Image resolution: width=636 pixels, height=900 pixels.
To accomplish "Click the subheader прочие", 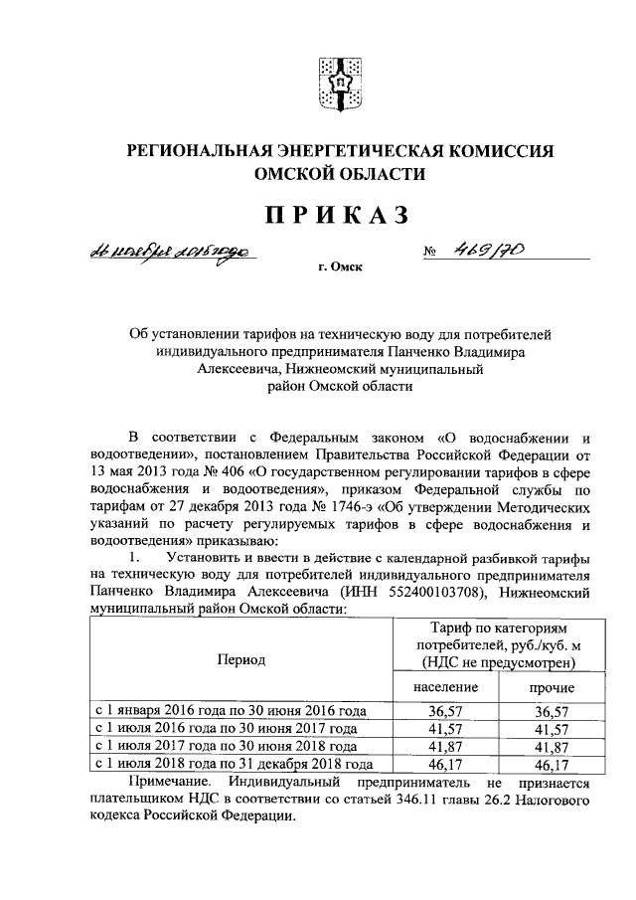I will coord(548,687).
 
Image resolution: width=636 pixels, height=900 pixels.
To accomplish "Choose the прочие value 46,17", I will coord(548,765).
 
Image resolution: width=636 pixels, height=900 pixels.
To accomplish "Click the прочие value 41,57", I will coord(548,729).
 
